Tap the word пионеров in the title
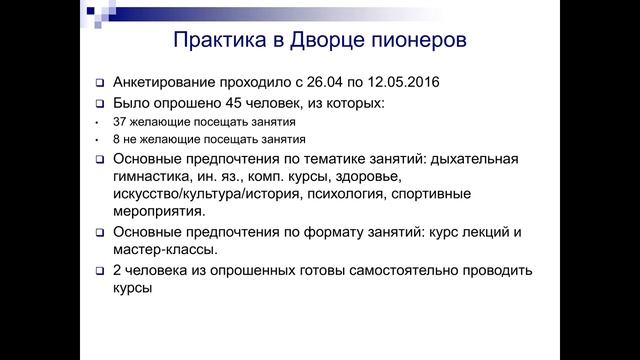[x=417, y=41]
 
